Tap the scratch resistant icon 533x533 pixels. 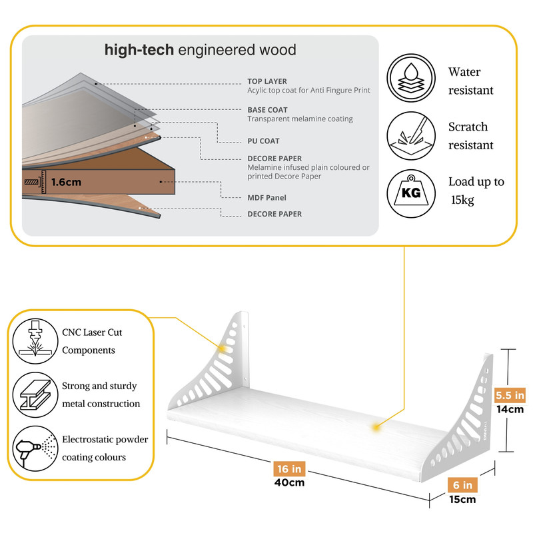tap(410, 135)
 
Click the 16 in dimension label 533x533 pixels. tap(288, 468)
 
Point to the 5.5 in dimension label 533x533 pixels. tap(510, 396)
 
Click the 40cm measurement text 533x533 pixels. tap(288, 482)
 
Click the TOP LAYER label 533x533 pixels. tap(267, 81)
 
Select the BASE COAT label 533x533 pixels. tap(268, 110)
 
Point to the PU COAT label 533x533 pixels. tap(263, 141)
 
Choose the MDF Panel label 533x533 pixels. tap(267, 198)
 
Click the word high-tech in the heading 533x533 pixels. tap(139, 50)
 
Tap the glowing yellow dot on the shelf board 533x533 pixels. tap(377, 426)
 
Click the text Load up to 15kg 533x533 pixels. tap(476, 191)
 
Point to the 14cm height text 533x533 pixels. tap(510, 410)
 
